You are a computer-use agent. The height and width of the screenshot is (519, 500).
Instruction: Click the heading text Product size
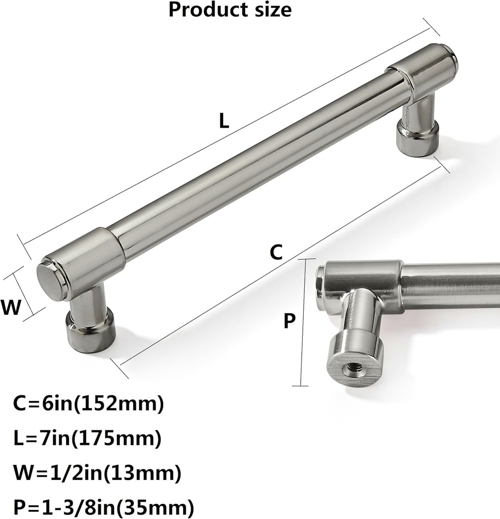click(x=230, y=10)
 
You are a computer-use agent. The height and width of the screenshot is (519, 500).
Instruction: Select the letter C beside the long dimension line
click(x=275, y=252)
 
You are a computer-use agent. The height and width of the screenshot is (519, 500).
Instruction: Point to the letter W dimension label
click(x=11, y=308)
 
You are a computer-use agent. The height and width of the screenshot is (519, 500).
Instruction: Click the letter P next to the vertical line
click(x=289, y=321)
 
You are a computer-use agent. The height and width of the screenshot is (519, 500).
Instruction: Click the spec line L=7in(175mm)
click(x=88, y=436)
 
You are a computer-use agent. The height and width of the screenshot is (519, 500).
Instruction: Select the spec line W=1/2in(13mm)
click(x=97, y=473)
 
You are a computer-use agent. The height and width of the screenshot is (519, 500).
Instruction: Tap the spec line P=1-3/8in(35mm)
click(x=103, y=506)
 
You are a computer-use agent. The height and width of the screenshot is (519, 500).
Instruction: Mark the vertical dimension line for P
click(x=302, y=322)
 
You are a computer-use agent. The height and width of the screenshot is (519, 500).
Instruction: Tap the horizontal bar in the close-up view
click(x=451, y=285)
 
